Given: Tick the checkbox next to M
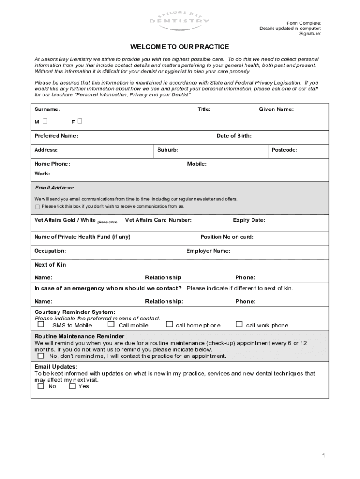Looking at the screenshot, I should [x=44, y=121].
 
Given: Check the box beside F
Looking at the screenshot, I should [x=80, y=121].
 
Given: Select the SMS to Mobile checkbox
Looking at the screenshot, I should [x=41, y=324].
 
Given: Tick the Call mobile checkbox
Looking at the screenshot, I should [x=111, y=324].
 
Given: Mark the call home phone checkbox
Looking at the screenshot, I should [x=169, y=324].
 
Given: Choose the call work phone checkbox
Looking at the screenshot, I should [x=239, y=324].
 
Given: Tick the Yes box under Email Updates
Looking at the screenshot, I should [x=72, y=386].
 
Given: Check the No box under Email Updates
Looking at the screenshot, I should [x=41, y=386].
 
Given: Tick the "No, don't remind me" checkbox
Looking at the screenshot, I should [x=41, y=356].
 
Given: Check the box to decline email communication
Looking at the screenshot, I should [x=37, y=206].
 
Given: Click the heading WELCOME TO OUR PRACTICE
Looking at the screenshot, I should [x=180, y=47].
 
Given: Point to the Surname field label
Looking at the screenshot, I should [x=47, y=109].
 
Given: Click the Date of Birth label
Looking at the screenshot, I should [x=234, y=136].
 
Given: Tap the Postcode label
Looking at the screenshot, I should [x=284, y=150].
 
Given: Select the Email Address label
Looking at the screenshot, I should [x=54, y=188].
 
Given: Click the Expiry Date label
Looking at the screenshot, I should [x=249, y=220].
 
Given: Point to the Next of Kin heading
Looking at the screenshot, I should [x=50, y=265].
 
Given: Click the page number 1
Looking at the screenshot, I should [x=323, y=456].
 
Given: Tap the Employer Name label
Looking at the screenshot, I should [x=208, y=251].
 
